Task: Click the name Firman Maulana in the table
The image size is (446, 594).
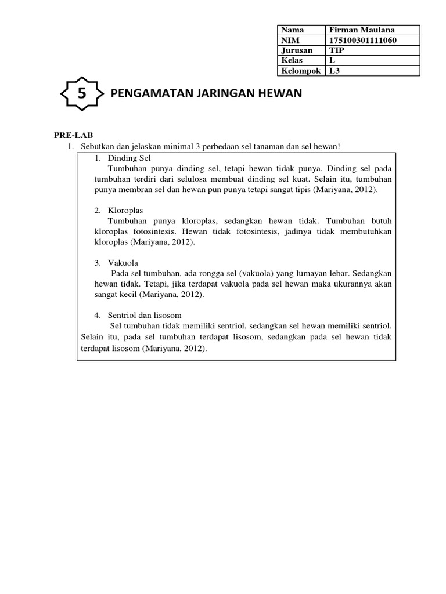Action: click(x=358, y=30)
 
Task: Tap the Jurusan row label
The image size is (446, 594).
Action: click(x=296, y=50)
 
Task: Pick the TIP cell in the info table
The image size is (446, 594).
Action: click(x=337, y=50)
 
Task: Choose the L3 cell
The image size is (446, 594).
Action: click(x=334, y=71)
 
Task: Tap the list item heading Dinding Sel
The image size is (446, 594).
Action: click(x=129, y=158)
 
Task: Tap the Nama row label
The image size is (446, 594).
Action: click(x=293, y=30)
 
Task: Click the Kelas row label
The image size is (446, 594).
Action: click(x=292, y=61)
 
